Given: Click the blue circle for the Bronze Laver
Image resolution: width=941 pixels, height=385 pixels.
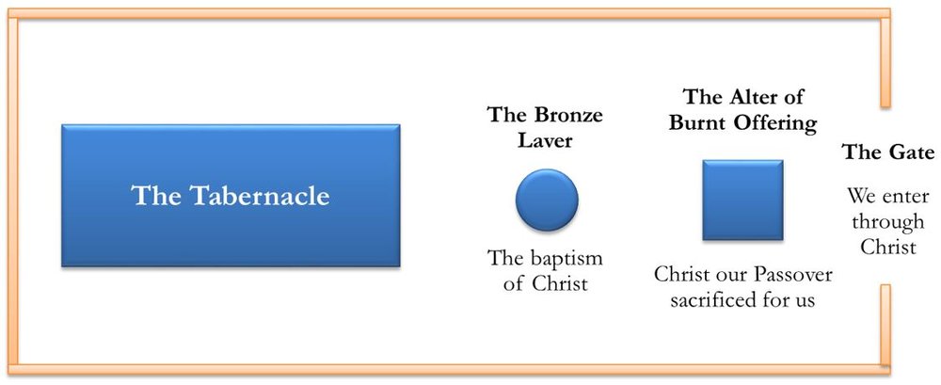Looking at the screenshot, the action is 547,200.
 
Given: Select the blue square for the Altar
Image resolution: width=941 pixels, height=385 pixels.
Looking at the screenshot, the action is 743,200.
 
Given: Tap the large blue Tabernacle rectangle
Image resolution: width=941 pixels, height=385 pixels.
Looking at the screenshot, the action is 231,195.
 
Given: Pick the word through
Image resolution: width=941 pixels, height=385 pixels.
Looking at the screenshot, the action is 888,223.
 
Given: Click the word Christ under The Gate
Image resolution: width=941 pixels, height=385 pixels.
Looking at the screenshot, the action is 888,247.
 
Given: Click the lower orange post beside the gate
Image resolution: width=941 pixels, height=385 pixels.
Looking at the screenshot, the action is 885,325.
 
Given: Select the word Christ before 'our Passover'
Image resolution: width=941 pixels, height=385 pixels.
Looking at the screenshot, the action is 681,275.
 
